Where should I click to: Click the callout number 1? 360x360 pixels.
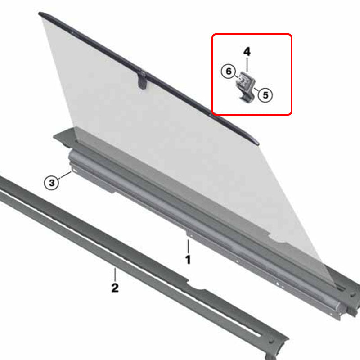click(x=188, y=260)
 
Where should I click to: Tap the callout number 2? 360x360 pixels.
click(x=115, y=287)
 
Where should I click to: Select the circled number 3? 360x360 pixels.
click(x=52, y=183)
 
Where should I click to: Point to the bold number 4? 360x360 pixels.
click(x=247, y=51)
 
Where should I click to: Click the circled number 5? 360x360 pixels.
click(x=265, y=95)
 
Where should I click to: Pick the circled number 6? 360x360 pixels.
click(x=228, y=71)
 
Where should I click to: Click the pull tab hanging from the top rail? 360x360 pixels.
click(x=143, y=81)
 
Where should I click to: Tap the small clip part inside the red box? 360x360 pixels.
click(x=245, y=85)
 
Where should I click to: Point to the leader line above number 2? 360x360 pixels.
click(x=115, y=274)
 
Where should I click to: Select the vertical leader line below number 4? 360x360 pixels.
click(x=247, y=64)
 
